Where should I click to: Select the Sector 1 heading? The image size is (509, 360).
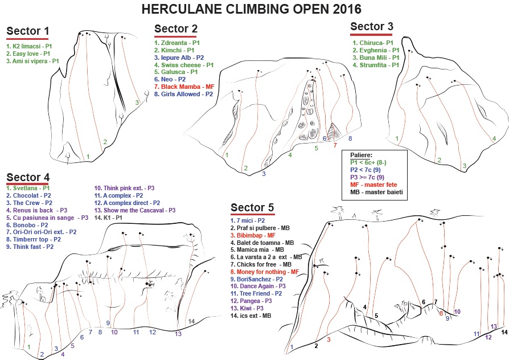(x=27, y=31)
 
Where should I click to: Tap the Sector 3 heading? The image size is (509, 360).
(x=371, y=26)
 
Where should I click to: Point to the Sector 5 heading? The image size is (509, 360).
(x=252, y=208)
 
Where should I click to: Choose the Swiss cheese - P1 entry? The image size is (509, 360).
(x=183, y=65)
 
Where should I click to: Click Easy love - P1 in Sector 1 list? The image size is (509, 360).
(x=27, y=53)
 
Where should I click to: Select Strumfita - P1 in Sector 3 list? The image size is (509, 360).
(x=376, y=65)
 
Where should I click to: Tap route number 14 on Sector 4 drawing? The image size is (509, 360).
(x=191, y=321)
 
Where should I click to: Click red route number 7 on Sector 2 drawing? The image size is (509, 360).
(x=335, y=145)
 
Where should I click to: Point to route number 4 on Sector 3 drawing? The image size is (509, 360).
(x=494, y=138)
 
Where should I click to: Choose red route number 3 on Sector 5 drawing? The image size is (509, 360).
(x=329, y=339)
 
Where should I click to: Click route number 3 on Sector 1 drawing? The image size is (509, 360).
(x=137, y=103)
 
